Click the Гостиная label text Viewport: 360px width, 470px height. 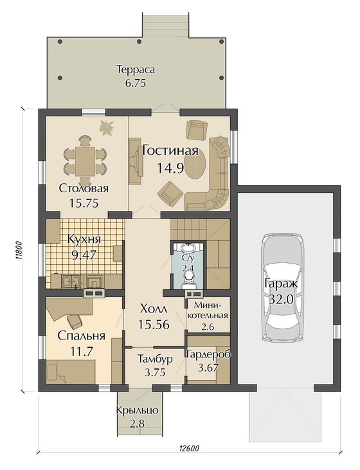coord(170,150)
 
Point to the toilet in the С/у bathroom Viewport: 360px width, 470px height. coord(188,278)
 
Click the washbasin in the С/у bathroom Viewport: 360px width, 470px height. coord(188,248)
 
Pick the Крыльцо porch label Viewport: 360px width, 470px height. coord(138,410)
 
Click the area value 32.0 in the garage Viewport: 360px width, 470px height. coord(282,300)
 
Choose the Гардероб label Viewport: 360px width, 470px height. coord(208,355)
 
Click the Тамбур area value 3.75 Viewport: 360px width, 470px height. coord(155,372)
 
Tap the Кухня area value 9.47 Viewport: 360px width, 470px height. coord(84,255)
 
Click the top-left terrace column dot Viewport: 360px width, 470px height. coord(60,41)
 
